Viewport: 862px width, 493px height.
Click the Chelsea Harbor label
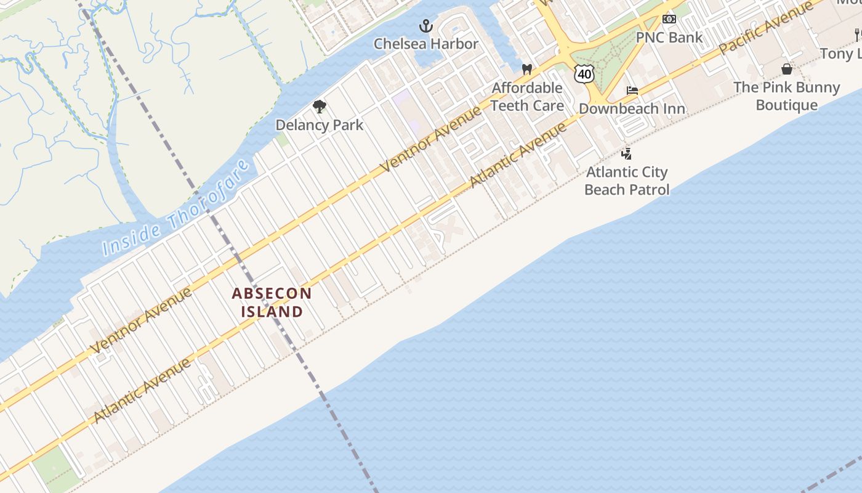coord(426,44)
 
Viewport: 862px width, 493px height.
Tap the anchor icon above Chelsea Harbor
coord(426,26)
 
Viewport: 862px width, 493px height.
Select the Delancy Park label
coord(319,125)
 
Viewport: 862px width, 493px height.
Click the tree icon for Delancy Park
coord(319,107)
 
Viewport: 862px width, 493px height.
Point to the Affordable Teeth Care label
coord(527,97)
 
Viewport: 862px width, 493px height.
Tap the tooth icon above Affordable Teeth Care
coord(527,70)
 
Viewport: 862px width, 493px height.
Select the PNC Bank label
coord(669,38)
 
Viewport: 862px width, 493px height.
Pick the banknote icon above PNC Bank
coord(669,19)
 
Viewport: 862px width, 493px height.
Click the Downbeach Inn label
coord(632,109)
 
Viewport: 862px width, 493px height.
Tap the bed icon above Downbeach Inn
coord(632,91)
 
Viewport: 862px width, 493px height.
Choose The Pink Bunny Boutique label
coord(786,96)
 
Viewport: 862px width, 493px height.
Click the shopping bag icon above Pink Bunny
coord(787,68)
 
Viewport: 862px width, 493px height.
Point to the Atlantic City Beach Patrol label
coord(627,181)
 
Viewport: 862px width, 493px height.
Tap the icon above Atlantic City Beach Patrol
coord(627,153)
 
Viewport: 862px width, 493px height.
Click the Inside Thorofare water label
coord(176,208)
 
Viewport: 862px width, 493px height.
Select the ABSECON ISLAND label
coord(272,303)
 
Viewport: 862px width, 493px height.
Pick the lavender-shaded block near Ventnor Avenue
coord(406,111)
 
